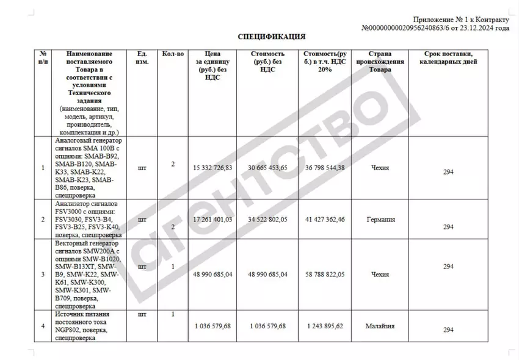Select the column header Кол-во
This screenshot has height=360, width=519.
(x=173, y=54)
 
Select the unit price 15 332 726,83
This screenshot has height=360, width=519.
(x=212, y=168)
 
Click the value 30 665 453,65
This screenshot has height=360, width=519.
(x=266, y=168)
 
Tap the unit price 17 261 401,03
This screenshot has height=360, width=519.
(x=212, y=219)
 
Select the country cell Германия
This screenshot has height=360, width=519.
(x=379, y=219)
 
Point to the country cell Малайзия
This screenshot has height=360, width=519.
(x=379, y=326)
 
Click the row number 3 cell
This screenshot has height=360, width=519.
(x=43, y=275)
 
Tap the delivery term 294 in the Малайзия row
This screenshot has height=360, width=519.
(x=448, y=330)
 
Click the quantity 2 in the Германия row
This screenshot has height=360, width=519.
(x=173, y=227)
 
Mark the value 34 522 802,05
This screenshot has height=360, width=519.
(x=266, y=219)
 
